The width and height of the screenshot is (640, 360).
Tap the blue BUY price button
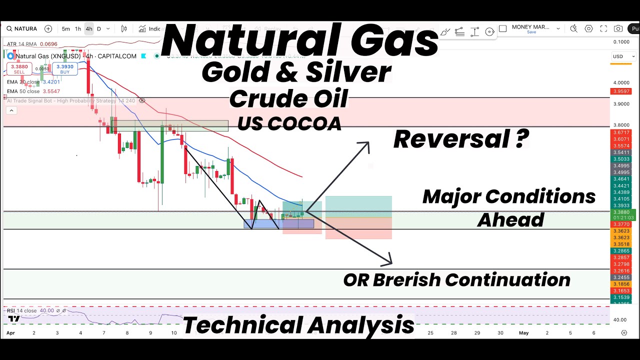[64, 68]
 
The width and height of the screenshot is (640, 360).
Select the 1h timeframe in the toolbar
[78, 29]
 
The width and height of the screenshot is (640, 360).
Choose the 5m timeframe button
[66, 29]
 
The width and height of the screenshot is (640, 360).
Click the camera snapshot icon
[618, 29]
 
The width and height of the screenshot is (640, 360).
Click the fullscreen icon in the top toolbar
[603, 29]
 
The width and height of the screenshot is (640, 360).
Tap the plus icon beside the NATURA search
[48, 29]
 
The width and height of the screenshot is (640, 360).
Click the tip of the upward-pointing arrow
[368, 142]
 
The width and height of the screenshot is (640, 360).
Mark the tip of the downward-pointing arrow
[391, 263]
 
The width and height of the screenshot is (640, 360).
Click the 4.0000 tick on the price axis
[621, 83]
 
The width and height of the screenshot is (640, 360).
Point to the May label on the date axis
[523, 332]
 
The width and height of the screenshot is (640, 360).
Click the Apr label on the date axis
[10, 332]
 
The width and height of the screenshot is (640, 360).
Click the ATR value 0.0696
[48, 44]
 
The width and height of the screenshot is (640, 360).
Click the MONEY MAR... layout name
[530, 27]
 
